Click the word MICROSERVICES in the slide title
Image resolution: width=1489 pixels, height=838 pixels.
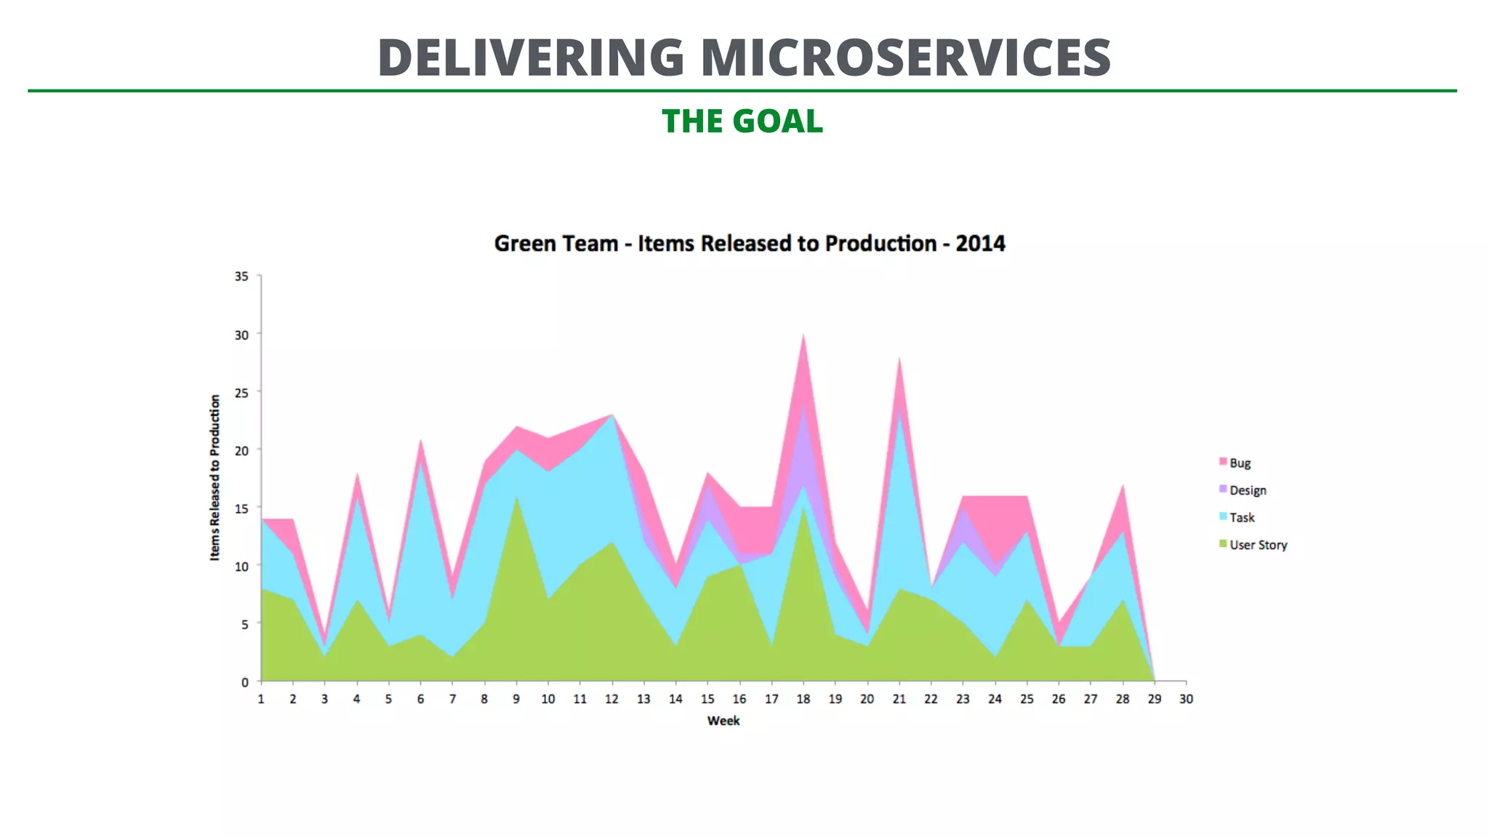point(906,57)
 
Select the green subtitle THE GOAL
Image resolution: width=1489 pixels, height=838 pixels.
point(742,121)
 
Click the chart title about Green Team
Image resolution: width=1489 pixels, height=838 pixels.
point(749,244)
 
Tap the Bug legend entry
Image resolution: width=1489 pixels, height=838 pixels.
point(1239,463)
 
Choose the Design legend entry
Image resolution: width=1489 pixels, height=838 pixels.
point(1247,490)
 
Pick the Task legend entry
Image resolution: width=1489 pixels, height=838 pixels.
point(1241,518)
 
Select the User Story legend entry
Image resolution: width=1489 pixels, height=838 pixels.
point(1257,545)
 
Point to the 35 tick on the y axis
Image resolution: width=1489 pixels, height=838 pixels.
point(241,276)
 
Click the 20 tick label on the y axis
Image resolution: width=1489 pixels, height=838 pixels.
point(241,450)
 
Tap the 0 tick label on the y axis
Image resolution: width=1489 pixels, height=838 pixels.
point(245,682)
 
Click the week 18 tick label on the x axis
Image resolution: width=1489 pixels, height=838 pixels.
point(803,699)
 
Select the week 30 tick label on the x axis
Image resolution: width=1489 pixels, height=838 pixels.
point(1186,699)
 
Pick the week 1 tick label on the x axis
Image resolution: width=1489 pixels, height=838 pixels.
point(261,699)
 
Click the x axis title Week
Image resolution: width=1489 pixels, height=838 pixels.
point(723,721)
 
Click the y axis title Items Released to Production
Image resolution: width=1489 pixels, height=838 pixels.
point(214,478)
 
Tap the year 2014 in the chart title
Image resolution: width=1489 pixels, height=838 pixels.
point(980,244)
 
